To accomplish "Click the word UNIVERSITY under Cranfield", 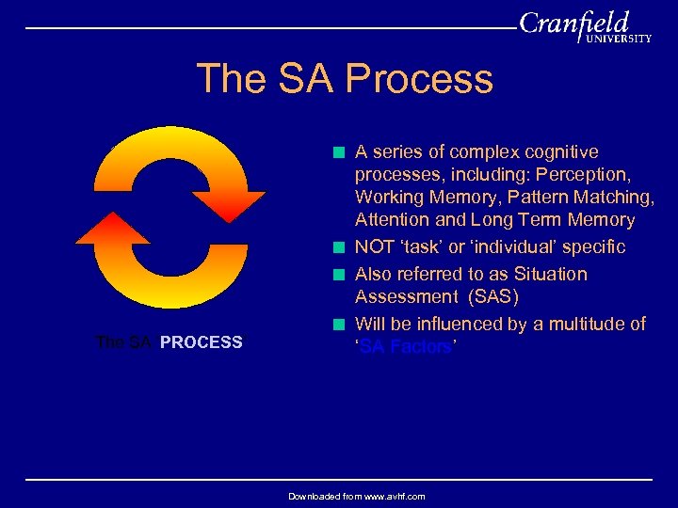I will click(618, 40).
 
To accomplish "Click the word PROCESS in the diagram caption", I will click(202, 342).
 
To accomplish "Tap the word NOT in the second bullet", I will click(376, 247).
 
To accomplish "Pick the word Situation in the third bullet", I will click(549, 275).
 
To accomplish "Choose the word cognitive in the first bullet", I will click(563, 152).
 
